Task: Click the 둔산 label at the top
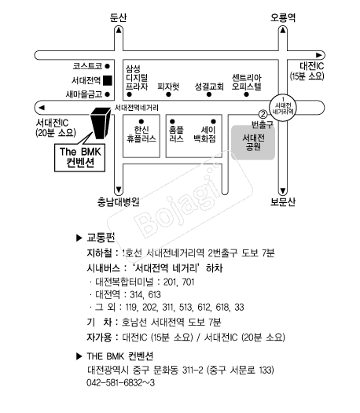[119, 17]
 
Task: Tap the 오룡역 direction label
[283, 17]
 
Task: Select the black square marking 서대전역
[108, 80]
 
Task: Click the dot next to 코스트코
[107, 66]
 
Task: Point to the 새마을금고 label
[84, 94]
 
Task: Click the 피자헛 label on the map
[168, 86]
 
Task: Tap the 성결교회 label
[209, 86]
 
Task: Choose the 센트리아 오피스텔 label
[247, 82]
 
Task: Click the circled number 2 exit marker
[263, 114]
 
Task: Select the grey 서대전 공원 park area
[253, 142]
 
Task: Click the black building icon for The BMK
[101, 123]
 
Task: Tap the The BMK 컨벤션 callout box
[79, 157]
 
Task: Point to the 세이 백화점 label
[204, 134]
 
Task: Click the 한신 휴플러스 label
[141, 134]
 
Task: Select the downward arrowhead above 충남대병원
[119, 190]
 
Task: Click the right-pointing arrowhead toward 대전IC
[318, 55]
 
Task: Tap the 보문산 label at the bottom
[283, 201]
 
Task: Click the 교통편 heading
[101, 238]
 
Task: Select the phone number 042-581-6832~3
[120, 382]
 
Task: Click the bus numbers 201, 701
[179, 282]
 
